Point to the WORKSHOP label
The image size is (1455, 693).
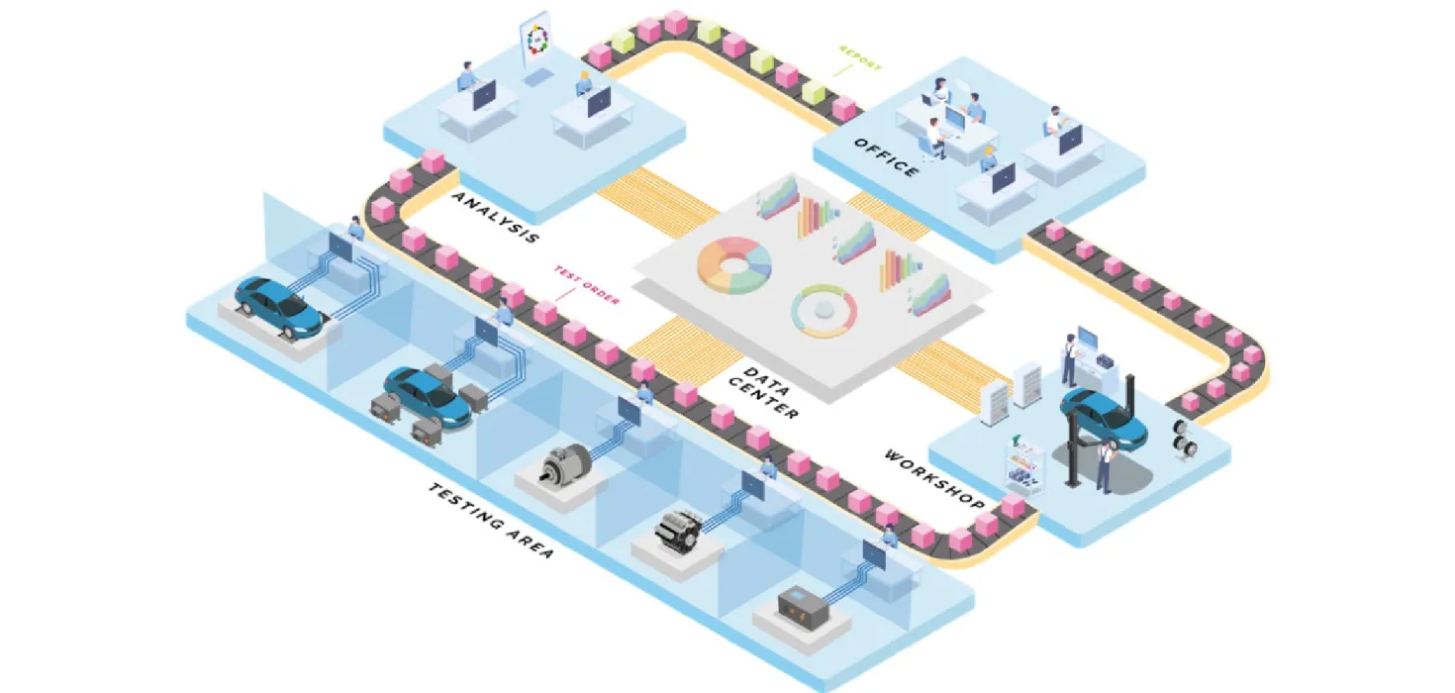point(933,480)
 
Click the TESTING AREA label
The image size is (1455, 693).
point(491,522)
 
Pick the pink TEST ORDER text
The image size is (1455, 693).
point(587,285)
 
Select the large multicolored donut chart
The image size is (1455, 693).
point(733,264)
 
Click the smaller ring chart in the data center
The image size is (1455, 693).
point(824,309)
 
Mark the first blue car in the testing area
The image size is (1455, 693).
point(278,301)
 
